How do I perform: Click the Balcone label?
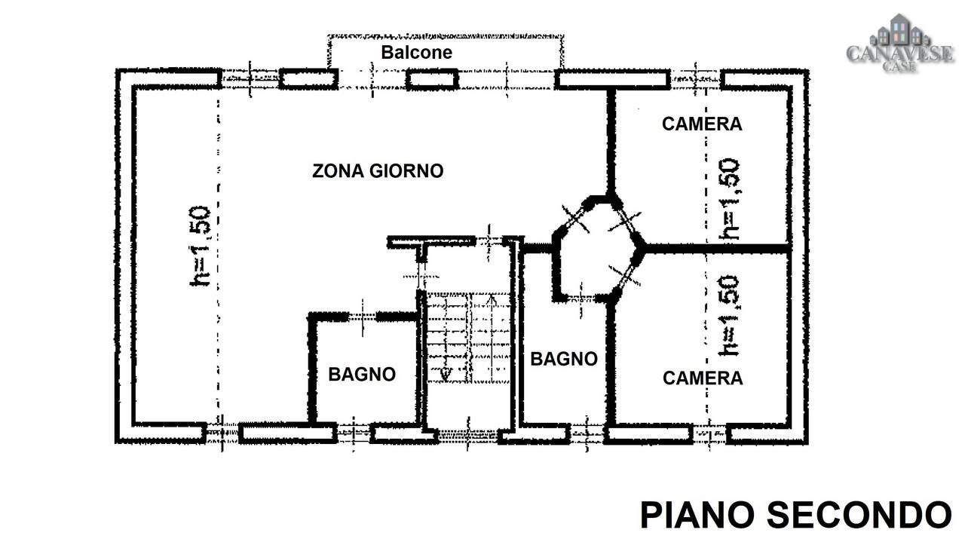coord(417,53)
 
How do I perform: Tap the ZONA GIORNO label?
coord(378,171)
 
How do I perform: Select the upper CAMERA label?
coord(702,124)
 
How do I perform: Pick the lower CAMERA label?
coord(703,378)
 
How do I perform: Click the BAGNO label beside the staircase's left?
coord(362,375)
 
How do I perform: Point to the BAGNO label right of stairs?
coord(564,359)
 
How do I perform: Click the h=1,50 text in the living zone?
coord(201,247)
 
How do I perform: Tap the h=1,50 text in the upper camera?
coord(729,199)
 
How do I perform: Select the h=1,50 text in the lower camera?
coord(729,316)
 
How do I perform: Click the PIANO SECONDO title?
coord(795,515)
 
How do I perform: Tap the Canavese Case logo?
coord(899,43)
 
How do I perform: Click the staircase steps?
coord(468,338)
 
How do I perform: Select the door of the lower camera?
coord(625,276)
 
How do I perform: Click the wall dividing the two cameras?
coord(716,249)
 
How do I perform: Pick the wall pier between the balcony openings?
coord(432,79)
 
